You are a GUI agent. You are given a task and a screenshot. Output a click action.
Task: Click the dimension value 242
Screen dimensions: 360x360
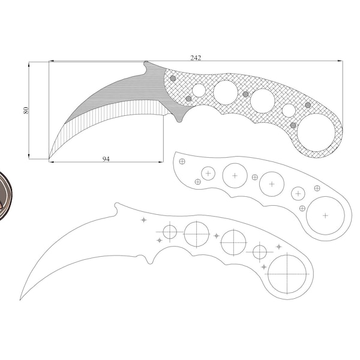[196, 58]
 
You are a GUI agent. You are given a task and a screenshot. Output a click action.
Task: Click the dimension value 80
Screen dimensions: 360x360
[26, 110]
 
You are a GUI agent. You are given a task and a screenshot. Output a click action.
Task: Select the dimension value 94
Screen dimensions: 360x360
[106, 159]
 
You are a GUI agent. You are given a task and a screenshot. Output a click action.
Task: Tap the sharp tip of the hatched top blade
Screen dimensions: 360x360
[49, 159]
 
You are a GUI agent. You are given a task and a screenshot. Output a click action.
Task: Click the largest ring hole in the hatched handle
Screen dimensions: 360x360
[316, 133]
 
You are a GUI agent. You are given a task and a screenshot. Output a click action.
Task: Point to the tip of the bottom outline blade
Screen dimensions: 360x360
[21, 299]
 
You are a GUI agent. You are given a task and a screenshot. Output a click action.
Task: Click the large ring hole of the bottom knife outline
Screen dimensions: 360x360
[287, 274]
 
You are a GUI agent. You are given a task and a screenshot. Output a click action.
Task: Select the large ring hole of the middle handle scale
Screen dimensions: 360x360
[325, 215]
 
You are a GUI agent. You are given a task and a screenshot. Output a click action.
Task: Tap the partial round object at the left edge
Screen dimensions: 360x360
[3, 195]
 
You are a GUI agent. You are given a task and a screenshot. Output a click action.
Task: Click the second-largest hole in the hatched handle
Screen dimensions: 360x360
[226, 92]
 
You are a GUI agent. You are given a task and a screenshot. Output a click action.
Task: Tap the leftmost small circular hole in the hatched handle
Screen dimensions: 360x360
[199, 91]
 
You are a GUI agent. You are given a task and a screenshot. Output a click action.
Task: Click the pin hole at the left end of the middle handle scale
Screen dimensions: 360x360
[182, 161]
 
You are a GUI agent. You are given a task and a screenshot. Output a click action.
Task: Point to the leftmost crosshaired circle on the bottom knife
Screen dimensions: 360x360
[170, 231]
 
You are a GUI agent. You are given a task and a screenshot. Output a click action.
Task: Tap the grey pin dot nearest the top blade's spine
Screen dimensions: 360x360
[173, 78]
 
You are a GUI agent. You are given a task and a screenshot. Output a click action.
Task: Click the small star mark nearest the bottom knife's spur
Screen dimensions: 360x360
[143, 220]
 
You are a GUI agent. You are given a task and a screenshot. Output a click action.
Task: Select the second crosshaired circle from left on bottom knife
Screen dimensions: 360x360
[196, 233]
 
